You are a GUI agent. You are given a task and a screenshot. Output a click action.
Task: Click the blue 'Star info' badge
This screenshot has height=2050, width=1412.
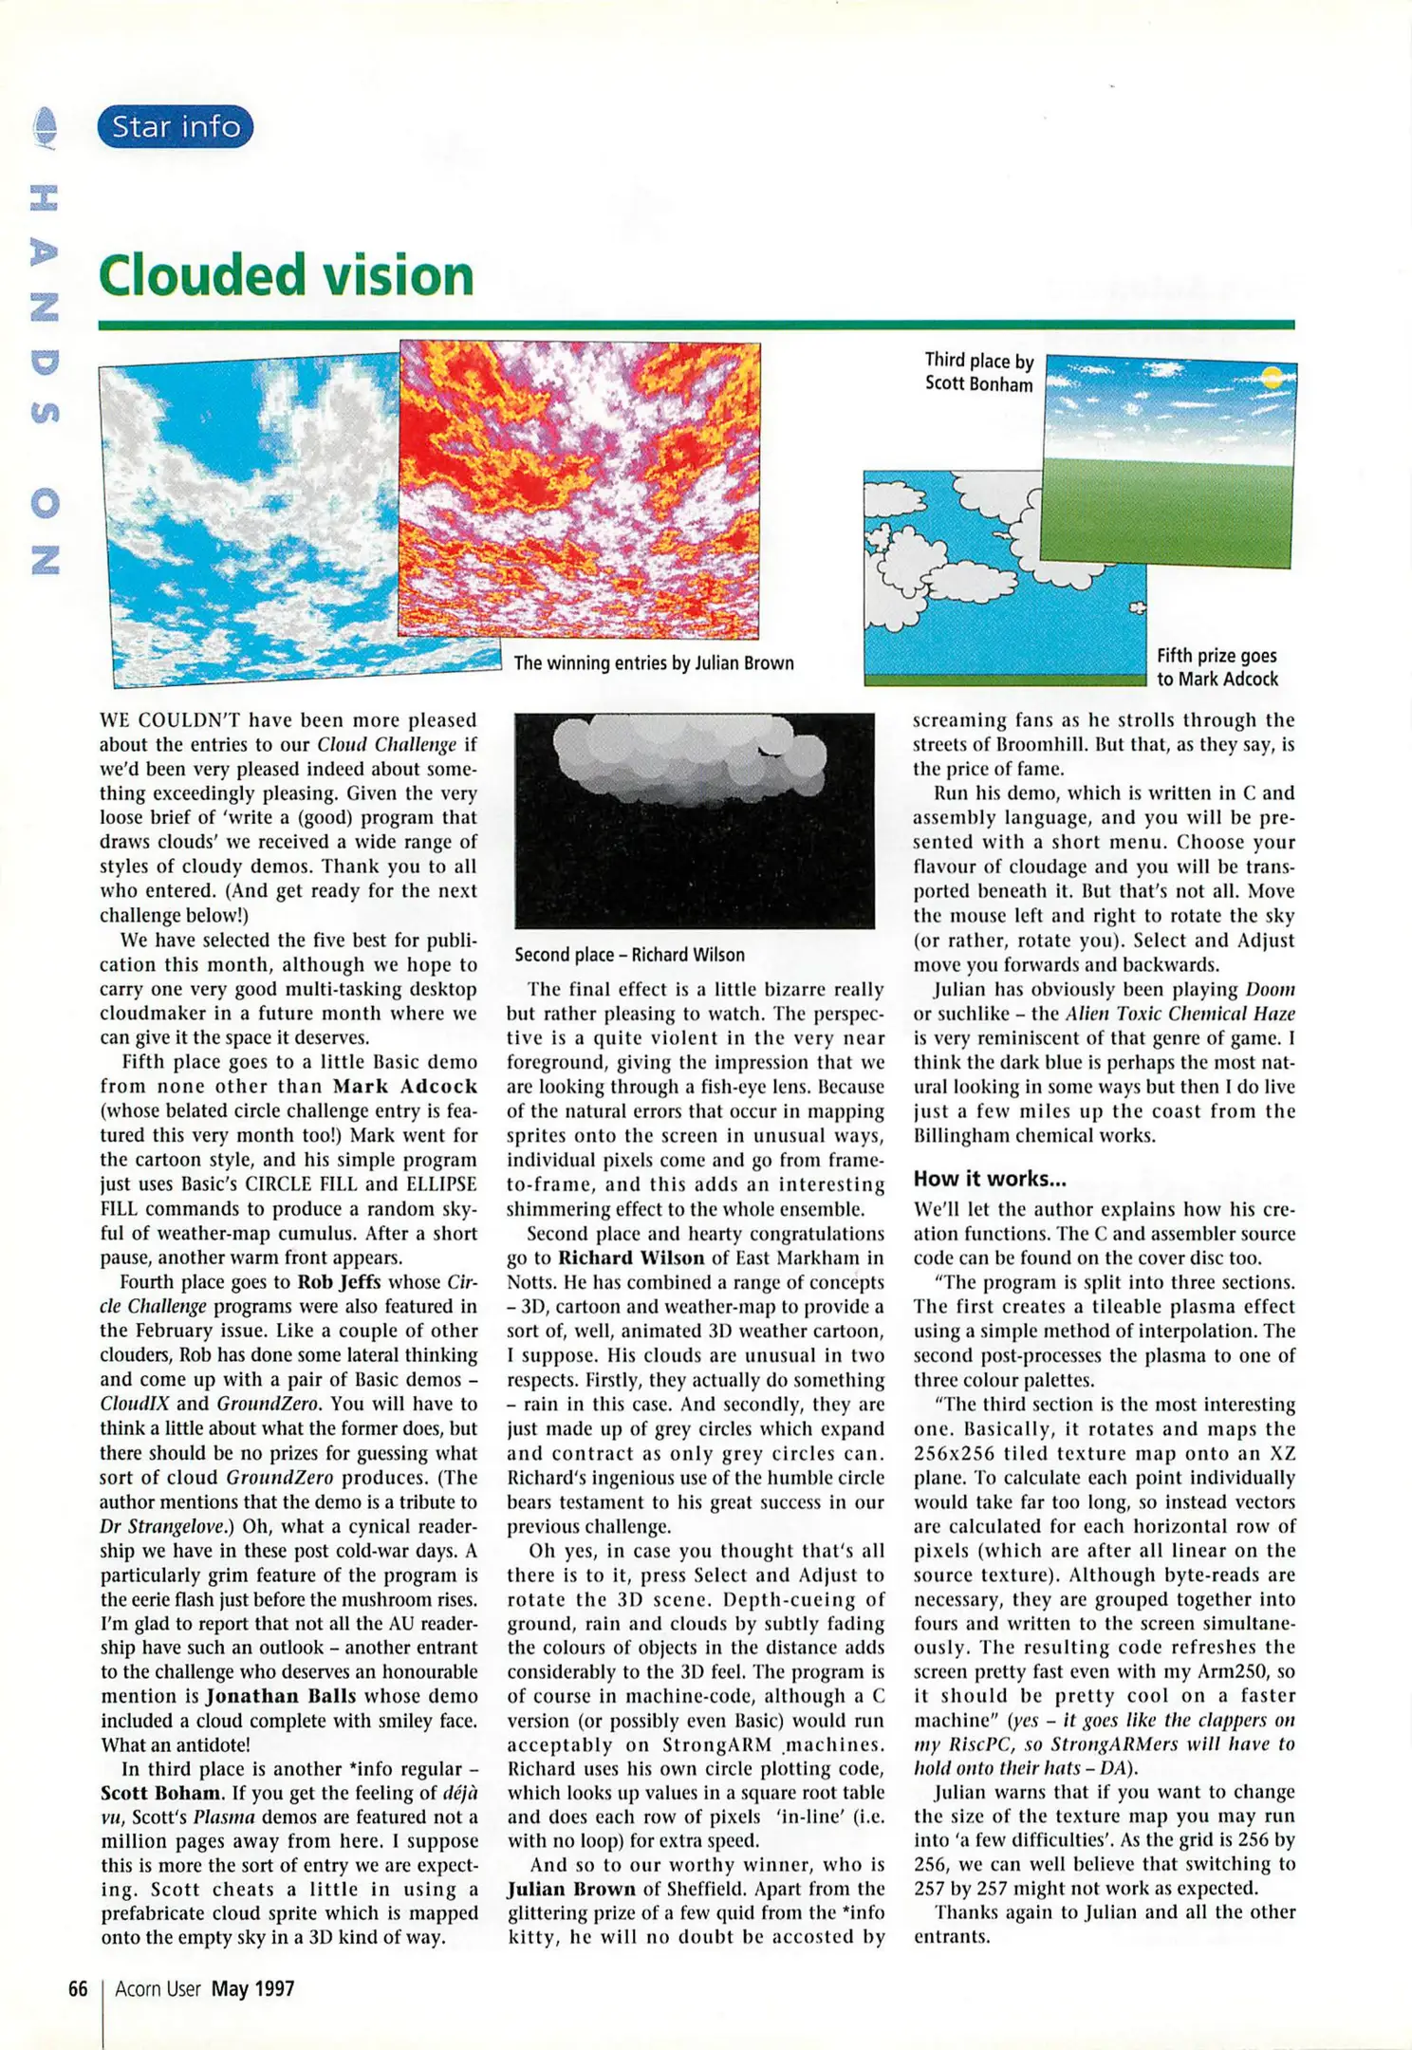(x=176, y=126)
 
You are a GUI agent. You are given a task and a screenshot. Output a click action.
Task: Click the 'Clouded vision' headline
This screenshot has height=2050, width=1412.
(x=286, y=275)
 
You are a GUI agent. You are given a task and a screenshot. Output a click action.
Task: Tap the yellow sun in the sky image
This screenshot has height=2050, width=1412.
(x=1273, y=379)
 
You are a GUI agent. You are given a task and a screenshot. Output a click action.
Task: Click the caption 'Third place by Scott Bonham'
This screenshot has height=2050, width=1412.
(x=978, y=372)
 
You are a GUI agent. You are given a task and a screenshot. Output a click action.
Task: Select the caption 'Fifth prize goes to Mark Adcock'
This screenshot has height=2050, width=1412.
(x=1217, y=667)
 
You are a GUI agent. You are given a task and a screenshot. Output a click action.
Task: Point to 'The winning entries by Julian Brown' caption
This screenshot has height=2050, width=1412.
(x=653, y=662)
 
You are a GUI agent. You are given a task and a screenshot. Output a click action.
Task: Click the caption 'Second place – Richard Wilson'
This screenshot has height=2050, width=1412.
(x=629, y=955)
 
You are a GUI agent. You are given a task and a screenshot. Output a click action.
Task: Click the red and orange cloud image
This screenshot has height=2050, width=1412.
(x=579, y=489)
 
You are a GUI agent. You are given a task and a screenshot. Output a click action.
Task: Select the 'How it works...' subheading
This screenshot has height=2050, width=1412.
(x=990, y=1179)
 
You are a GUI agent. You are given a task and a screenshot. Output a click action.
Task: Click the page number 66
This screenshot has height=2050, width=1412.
(x=78, y=1988)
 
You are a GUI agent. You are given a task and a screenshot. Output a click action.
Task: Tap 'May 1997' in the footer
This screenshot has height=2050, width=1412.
(x=252, y=1988)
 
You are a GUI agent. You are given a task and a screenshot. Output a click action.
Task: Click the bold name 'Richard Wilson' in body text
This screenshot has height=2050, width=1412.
(x=631, y=1258)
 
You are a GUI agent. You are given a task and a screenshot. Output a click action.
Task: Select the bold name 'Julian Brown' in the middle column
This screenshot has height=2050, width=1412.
(x=570, y=1889)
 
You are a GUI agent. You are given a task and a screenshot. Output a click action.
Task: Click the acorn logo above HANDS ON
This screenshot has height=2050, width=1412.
(x=45, y=128)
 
